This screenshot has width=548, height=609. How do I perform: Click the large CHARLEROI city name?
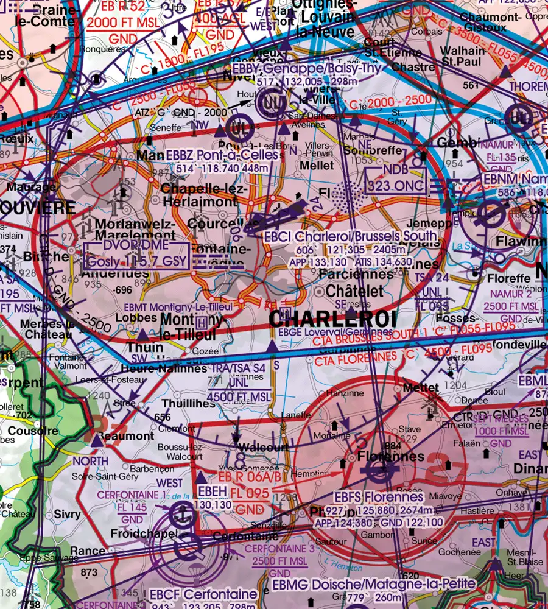click(x=332, y=319)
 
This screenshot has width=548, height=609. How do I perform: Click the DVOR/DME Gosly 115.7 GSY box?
click(x=137, y=255)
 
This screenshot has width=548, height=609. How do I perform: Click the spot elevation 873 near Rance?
click(x=88, y=572)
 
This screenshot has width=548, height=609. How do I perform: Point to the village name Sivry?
click(x=67, y=515)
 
